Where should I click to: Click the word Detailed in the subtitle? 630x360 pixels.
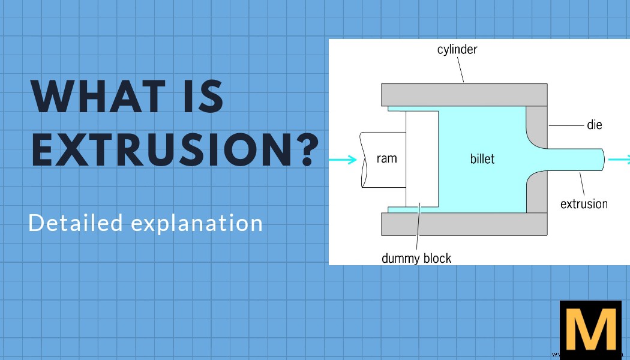click(75, 223)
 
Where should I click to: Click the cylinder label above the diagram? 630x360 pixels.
click(457, 49)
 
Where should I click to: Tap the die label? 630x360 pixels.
click(594, 125)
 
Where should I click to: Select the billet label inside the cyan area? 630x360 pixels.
click(483, 160)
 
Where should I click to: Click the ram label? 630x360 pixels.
click(386, 159)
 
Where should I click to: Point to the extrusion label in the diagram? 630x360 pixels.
click(584, 204)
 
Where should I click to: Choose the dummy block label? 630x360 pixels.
click(416, 259)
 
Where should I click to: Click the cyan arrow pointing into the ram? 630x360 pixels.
click(344, 160)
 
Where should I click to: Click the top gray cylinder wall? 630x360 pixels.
click(464, 95)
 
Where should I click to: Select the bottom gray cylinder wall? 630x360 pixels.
click(464, 224)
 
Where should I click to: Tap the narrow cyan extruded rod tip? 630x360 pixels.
click(591, 159)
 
